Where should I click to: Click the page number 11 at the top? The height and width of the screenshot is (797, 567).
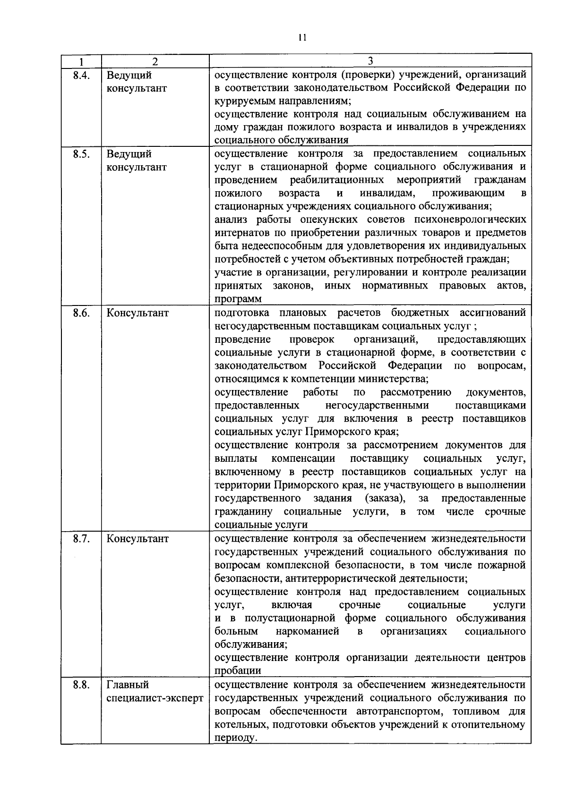[x=303, y=38]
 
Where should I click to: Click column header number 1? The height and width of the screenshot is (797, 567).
[x=81, y=61]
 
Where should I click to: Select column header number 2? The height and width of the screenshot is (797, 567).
[x=155, y=61]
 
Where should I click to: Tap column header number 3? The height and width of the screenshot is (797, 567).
[x=370, y=61]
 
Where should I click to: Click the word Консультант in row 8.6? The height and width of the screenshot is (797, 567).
[x=137, y=313]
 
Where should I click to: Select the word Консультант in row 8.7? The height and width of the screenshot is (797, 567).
[x=137, y=539]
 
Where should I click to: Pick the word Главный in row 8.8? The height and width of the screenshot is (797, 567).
[x=128, y=685]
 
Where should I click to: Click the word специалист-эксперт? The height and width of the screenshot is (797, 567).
[x=155, y=698]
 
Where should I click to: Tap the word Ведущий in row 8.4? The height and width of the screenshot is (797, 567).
[x=129, y=75]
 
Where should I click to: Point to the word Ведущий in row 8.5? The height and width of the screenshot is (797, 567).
[x=129, y=154]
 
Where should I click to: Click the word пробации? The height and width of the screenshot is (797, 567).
[x=238, y=671]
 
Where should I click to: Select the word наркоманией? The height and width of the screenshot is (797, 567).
[x=308, y=632]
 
